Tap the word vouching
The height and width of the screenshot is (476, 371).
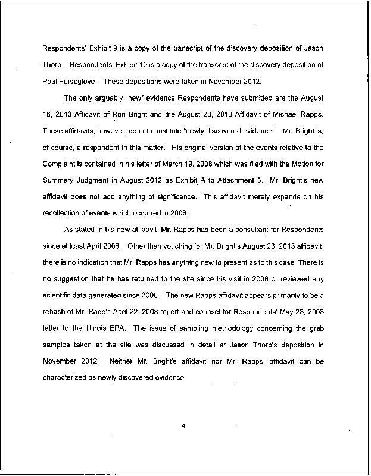[159, 244]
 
